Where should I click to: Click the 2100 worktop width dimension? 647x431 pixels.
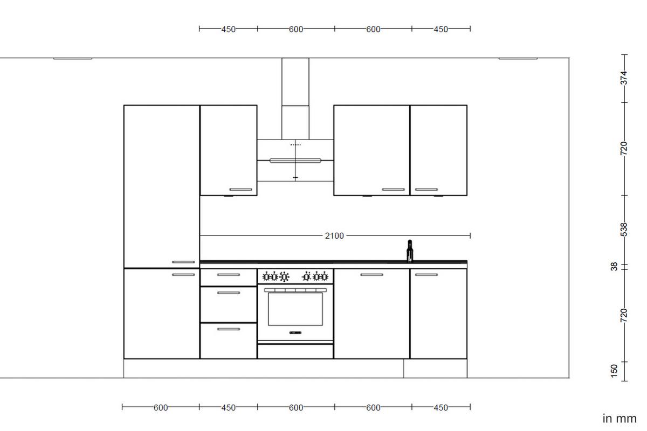[x=334, y=235]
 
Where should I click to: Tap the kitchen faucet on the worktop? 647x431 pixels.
[x=410, y=251]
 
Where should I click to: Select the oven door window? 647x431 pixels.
[x=295, y=309]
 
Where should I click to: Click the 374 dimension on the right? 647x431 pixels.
[x=624, y=78]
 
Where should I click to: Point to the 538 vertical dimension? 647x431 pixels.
[x=624, y=229]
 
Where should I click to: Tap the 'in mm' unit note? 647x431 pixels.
[x=620, y=418]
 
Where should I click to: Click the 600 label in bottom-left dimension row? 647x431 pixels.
[x=161, y=407]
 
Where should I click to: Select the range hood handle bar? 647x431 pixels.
[x=295, y=160]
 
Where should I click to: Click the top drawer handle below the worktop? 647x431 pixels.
[x=228, y=275]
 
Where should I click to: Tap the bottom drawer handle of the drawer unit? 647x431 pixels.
[x=228, y=329]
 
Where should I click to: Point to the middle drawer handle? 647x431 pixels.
[x=228, y=293]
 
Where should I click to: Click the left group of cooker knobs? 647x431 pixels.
[x=276, y=277]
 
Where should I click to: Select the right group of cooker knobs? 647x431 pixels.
[x=315, y=277]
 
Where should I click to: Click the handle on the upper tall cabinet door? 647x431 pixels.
[x=183, y=262]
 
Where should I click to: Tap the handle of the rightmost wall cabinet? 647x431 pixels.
[x=426, y=190]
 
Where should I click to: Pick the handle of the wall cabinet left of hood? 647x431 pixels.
[x=240, y=190]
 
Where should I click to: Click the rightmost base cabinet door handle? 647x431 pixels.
[x=426, y=275]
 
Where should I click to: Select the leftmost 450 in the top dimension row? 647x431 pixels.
[x=228, y=29]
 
